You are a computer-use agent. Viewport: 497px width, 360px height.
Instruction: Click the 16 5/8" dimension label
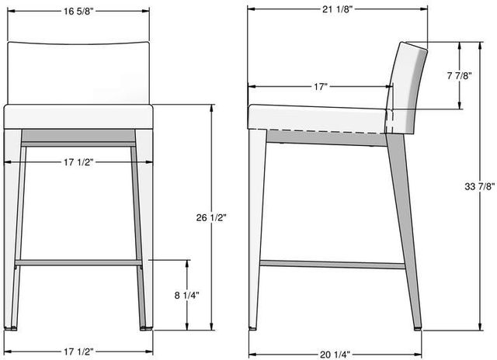(78, 12)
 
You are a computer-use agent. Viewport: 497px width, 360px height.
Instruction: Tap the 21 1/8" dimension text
(338, 9)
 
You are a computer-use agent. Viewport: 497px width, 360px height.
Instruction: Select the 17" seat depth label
(320, 86)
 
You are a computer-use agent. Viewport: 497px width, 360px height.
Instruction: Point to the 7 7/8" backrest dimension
(459, 76)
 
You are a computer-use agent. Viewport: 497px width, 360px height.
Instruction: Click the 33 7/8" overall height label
(480, 187)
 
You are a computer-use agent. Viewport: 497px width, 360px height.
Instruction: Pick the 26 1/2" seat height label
(211, 218)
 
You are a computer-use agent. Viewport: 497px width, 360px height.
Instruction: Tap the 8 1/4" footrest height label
(186, 295)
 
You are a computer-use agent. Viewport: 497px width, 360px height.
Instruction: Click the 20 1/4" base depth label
(335, 355)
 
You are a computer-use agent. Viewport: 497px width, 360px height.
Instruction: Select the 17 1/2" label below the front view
(78, 351)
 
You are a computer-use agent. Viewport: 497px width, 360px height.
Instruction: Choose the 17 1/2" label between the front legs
(78, 162)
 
